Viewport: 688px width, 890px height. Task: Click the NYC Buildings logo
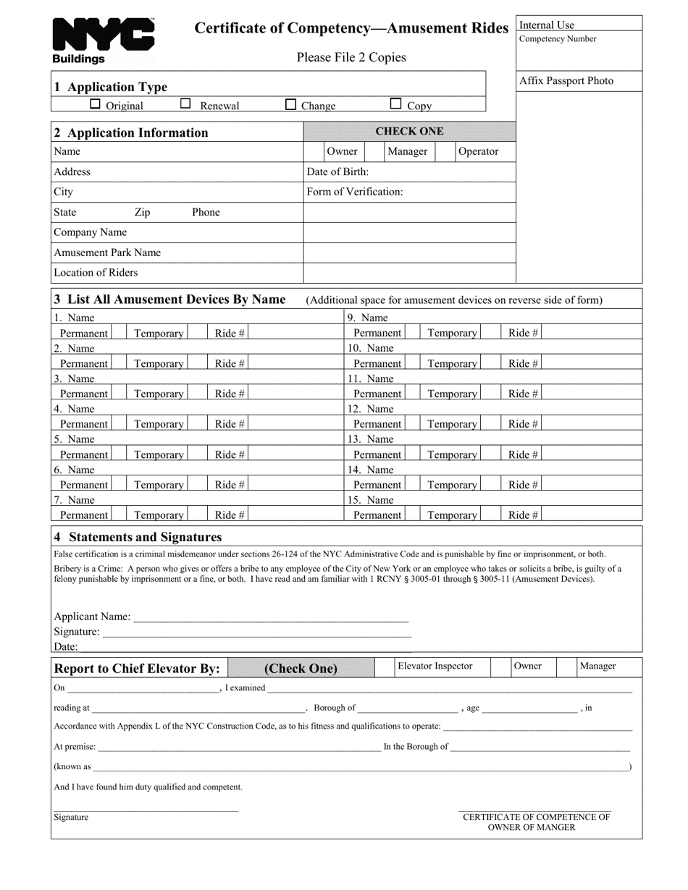pos(103,41)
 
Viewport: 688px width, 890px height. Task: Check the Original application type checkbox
pos(95,104)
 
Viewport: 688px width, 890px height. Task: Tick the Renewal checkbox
pos(185,104)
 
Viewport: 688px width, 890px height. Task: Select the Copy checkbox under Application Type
pos(395,104)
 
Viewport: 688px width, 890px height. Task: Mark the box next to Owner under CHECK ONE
pos(314,151)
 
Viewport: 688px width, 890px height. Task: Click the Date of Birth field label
pos(337,171)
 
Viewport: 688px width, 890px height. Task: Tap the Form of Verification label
pos(355,192)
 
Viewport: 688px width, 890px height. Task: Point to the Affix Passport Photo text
pos(566,81)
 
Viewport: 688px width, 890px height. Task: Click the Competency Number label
pos(558,39)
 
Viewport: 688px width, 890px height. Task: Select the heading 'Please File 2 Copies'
pos(351,57)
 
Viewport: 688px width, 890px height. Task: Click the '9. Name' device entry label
pos(367,318)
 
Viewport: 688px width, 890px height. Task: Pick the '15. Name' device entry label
pos(370,500)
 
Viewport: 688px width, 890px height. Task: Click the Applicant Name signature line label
pos(92,616)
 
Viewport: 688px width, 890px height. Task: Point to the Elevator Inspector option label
pos(435,666)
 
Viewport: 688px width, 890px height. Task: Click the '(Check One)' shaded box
pos(301,669)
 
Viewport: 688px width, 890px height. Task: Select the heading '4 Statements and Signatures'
pos(138,537)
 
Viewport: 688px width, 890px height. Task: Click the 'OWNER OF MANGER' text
pos(532,827)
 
